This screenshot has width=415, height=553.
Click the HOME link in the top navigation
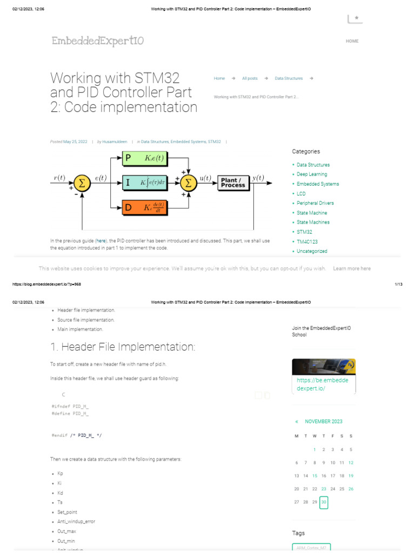tap(352, 41)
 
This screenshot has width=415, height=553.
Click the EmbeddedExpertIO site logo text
tap(98, 41)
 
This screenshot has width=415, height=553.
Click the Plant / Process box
tap(233, 183)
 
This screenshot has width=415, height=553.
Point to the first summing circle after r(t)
tap(82, 183)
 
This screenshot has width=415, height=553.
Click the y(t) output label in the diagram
tap(258, 178)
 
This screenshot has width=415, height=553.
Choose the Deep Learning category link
tap(312, 174)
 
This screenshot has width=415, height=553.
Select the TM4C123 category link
tap(306, 241)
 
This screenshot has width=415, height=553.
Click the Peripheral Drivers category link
tap(315, 203)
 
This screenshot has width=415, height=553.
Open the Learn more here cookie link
tap(352, 268)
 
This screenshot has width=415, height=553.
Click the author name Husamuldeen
tap(115, 141)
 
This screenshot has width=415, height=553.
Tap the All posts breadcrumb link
tap(250, 78)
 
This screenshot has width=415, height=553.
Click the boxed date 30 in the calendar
tap(324, 503)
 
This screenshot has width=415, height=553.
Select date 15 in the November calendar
tap(314, 476)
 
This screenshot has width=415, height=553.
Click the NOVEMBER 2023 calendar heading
tap(323, 421)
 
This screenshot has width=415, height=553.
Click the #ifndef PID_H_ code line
tap(70, 406)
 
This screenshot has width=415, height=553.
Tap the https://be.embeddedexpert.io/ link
tap(322, 384)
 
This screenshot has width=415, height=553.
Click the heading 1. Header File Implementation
tap(123, 346)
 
